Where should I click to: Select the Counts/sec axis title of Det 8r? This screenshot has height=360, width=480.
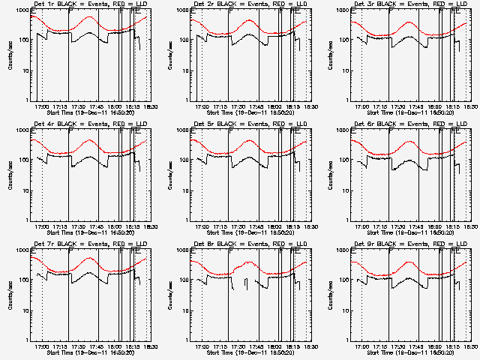coord(170,295)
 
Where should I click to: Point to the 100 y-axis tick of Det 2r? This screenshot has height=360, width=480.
coord(184,40)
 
